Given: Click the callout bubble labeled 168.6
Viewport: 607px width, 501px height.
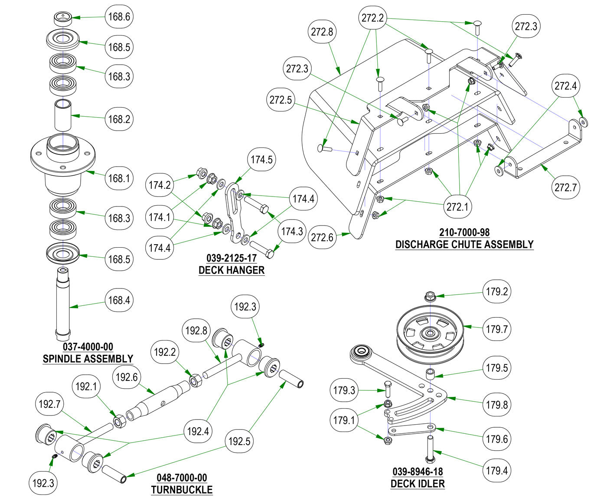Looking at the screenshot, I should coord(119,17).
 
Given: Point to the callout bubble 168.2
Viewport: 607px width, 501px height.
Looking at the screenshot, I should coord(119,119).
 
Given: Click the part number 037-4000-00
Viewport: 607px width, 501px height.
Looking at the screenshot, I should coord(88,347).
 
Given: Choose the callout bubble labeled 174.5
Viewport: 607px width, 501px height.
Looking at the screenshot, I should coord(261,160).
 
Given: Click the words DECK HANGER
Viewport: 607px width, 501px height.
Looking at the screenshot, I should coord(231,270).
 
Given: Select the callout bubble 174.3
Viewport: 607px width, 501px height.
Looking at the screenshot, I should coord(292,231).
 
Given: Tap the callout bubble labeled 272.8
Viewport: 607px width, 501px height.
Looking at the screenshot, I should coord(322,32).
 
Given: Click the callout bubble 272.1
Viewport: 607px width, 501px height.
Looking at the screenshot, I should coord(458,206).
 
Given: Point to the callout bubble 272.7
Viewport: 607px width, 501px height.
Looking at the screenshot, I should coord(566,187).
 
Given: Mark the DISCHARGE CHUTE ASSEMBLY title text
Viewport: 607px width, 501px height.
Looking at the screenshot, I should coord(464,245).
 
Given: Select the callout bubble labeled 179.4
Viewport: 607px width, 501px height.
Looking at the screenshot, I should coord(497,471).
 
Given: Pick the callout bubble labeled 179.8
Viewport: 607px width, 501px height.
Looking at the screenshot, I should coord(497,405).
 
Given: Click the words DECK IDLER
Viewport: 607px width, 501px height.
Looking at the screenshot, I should coord(418,484).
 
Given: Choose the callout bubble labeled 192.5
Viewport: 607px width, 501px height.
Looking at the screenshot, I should coord(239,442).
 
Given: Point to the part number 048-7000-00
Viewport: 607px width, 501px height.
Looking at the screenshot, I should coord(182,478).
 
